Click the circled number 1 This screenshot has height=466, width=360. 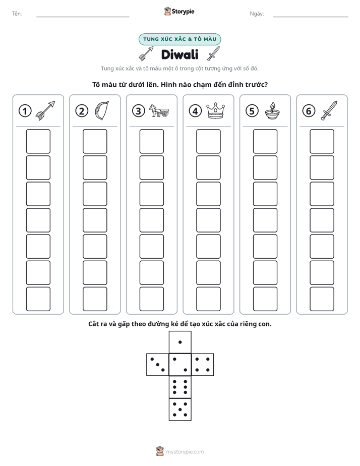25,111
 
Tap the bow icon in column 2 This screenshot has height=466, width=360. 102,111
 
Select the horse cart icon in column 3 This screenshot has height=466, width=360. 159,110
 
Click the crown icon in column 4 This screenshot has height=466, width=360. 215,110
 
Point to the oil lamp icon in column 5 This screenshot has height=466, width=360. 272,110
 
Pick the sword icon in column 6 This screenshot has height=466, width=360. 329,110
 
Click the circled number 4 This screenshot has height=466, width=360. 195,111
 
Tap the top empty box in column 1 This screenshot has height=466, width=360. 38,141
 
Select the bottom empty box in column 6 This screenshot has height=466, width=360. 322,299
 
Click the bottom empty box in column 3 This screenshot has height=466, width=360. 151,299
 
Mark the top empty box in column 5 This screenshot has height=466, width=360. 265,141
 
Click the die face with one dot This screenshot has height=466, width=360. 180,342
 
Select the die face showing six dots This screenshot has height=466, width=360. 180,387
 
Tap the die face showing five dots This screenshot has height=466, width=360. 180,409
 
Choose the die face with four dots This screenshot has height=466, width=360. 203,364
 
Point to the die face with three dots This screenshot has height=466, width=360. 158,364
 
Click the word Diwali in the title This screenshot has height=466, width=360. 179,54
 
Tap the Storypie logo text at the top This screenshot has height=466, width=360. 183,12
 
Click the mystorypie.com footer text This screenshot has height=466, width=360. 185,452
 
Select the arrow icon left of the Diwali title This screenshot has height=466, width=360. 146,53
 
